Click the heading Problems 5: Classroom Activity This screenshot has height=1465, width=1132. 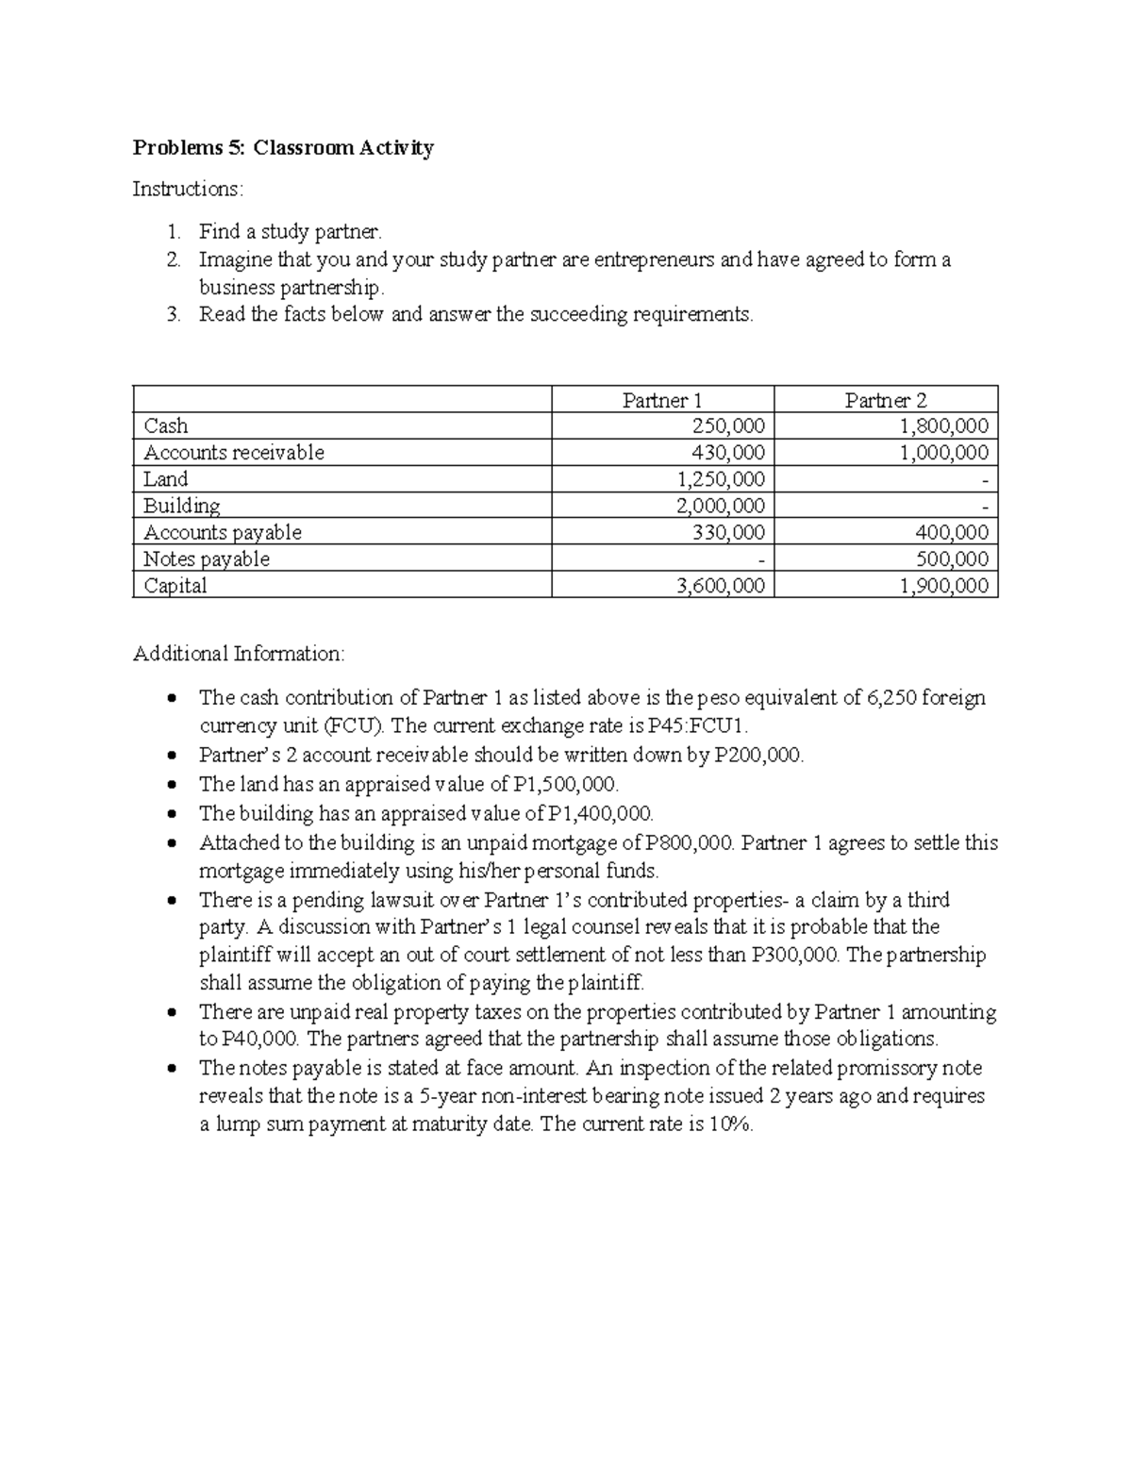pyautogui.click(x=283, y=148)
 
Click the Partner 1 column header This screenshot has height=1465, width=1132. pyautogui.click(x=662, y=400)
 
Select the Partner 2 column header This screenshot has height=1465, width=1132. pyautogui.click(x=885, y=400)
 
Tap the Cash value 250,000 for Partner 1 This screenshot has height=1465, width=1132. pyautogui.click(x=728, y=426)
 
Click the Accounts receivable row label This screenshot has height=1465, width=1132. pyautogui.click(x=233, y=453)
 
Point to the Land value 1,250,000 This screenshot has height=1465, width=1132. pyautogui.click(x=721, y=479)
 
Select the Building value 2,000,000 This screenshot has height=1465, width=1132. pyautogui.click(x=721, y=506)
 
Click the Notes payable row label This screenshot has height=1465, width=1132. pyautogui.click(x=206, y=559)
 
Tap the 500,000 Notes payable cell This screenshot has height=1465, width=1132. pyautogui.click(x=952, y=559)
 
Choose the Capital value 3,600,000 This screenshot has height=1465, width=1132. pyautogui.click(x=721, y=586)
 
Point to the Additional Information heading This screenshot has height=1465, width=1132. pyautogui.click(x=239, y=654)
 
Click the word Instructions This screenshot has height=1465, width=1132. pyautogui.click(x=187, y=190)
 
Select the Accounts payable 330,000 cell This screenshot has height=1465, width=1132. pyautogui.click(x=728, y=533)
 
